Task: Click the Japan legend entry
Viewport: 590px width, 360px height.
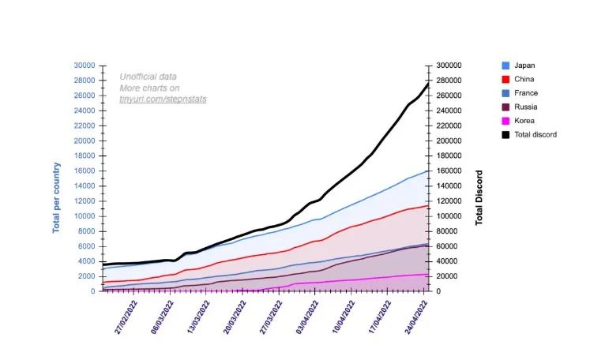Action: (x=524, y=66)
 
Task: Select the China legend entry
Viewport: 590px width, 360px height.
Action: (x=524, y=79)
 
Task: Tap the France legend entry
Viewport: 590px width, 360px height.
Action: (x=525, y=93)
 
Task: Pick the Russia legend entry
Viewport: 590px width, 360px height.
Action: (x=525, y=107)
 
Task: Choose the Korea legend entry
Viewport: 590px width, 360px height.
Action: (x=524, y=121)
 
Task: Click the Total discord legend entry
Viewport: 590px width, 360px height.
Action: (x=535, y=134)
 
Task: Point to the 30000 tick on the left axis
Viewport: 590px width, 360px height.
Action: (x=84, y=66)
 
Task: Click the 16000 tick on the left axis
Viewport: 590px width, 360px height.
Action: (x=84, y=171)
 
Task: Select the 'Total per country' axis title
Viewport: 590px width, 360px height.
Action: (x=57, y=198)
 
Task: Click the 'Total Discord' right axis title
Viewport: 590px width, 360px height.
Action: (x=479, y=198)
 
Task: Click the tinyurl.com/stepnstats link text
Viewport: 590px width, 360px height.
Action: (x=157, y=100)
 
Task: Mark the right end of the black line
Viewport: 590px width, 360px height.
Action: (x=427, y=84)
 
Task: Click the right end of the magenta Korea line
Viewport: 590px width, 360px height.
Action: (x=427, y=274)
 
